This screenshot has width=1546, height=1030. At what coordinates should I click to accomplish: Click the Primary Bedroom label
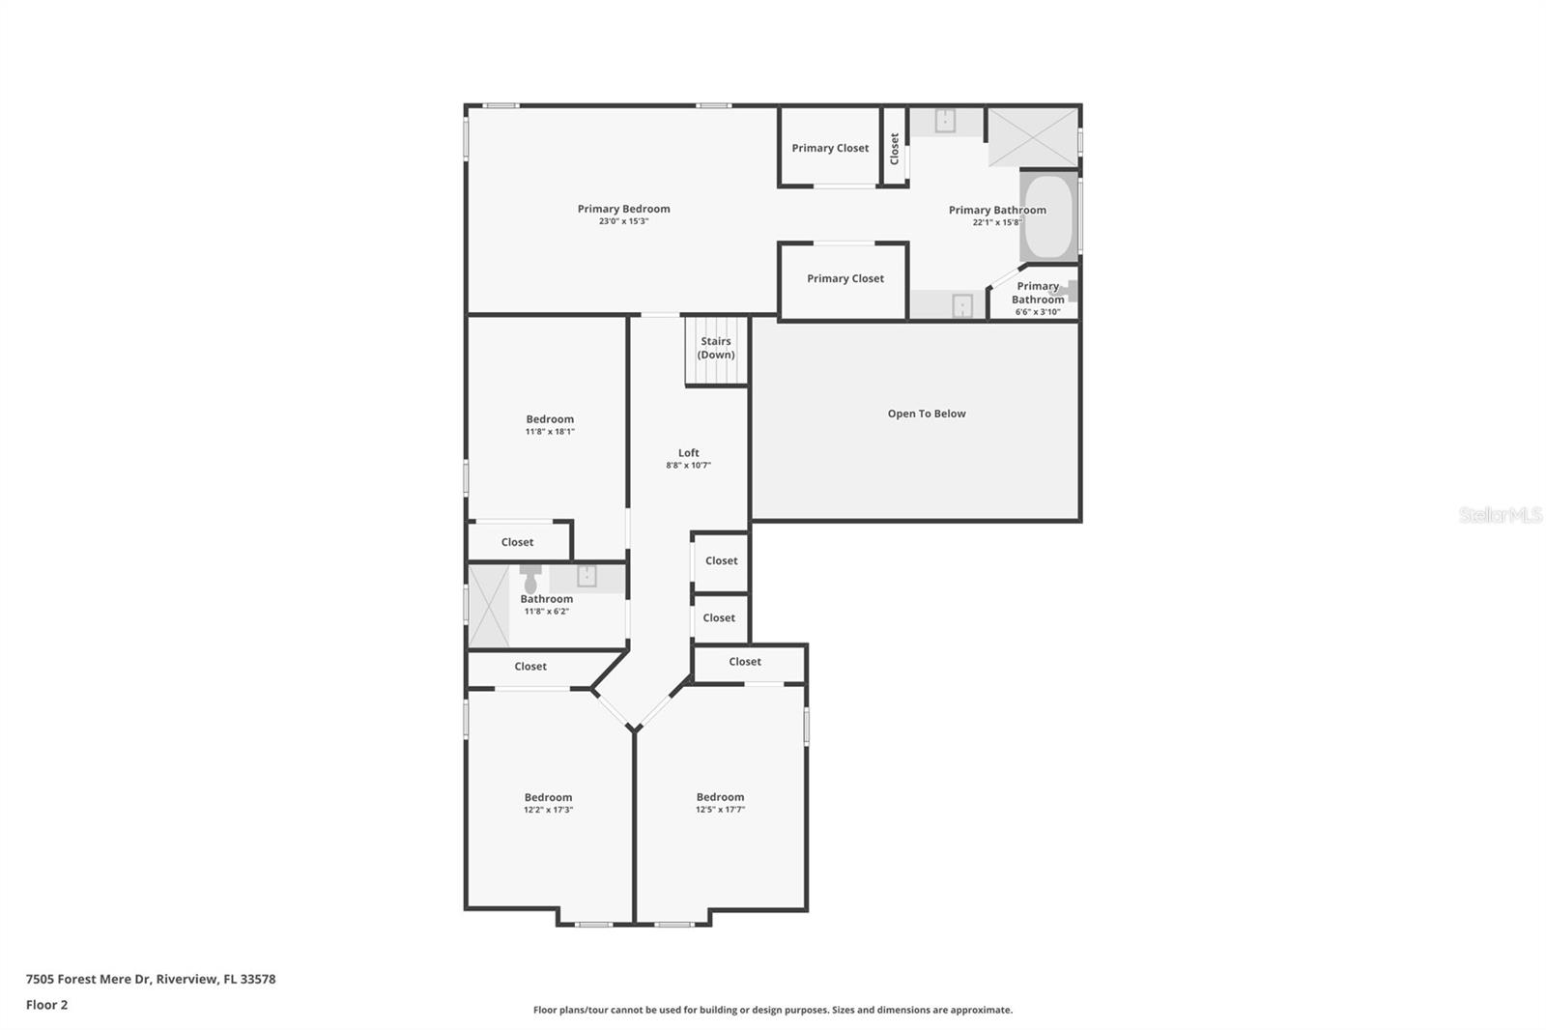pyautogui.click(x=623, y=209)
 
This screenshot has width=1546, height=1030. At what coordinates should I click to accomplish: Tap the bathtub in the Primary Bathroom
pyautogui.click(x=1048, y=216)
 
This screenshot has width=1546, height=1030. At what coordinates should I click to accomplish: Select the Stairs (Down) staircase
pyautogui.click(x=716, y=350)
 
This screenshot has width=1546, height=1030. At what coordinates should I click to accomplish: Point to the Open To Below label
pyautogui.click(x=926, y=414)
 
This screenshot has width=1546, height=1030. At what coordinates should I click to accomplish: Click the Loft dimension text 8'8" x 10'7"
pyautogui.click(x=688, y=466)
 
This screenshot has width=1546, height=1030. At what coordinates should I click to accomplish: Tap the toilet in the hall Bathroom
pyautogui.click(x=530, y=581)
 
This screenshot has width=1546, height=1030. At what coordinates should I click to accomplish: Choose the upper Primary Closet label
pyautogui.click(x=830, y=148)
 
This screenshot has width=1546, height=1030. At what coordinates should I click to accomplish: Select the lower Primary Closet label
pyautogui.click(x=845, y=278)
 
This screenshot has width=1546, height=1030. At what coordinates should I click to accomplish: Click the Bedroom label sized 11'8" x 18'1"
pyautogui.click(x=550, y=419)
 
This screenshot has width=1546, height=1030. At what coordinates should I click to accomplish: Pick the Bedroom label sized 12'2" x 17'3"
pyautogui.click(x=548, y=798)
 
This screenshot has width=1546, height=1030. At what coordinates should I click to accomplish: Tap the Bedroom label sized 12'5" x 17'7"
pyautogui.click(x=720, y=798)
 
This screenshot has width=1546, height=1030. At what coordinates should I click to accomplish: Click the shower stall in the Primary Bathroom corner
pyautogui.click(x=1032, y=137)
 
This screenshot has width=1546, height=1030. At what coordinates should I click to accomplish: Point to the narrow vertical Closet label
pyautogui.click(x=895, y=148)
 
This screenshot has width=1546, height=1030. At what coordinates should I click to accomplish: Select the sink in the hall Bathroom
pyautogui.click(x=587, y=577)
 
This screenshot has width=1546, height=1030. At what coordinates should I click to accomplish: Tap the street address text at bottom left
pyautogui.click(x=151, y=979)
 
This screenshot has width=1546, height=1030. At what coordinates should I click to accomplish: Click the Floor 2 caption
pyautogui.click(x=46, y=1005)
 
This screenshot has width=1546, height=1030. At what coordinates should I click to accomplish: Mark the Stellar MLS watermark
pyautogui.click(x=1500, y=515)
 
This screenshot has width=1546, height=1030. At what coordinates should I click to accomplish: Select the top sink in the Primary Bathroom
pyautogui.click(x=945, y=121)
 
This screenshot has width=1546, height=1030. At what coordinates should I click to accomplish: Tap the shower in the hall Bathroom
pyautogui.click(x=489, y=607)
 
